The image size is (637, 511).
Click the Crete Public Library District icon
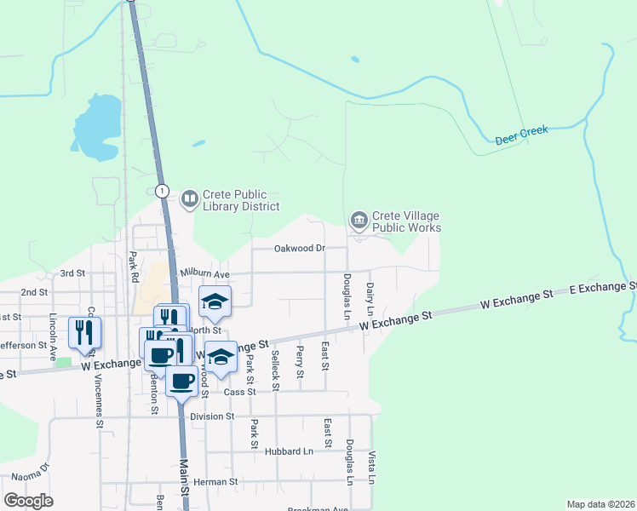coord(189,200)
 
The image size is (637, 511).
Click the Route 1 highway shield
coord(163,191)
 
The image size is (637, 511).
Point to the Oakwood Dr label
coord(300,249)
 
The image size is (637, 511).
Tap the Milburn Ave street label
coord(206,274)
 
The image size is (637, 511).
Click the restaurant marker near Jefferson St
coord(84,331)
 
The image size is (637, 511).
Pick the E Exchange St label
coord(601,290)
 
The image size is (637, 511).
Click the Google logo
coord(28,500)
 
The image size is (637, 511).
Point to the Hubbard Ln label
coord(284,450)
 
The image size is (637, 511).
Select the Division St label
coord(212,416)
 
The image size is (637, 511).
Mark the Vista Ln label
coord(371,467)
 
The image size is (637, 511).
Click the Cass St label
coord(240,392)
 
